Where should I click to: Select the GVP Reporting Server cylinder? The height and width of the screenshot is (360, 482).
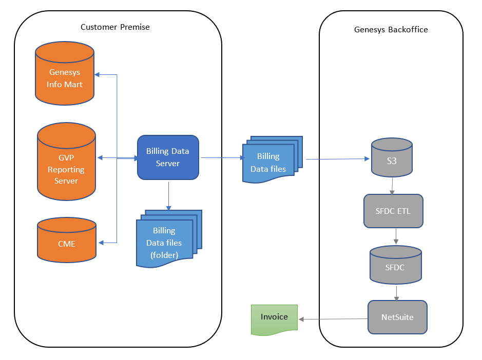66,161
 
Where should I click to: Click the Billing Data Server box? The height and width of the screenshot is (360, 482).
168,157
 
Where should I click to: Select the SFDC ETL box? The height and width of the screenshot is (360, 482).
393,211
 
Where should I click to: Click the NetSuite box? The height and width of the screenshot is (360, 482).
397,317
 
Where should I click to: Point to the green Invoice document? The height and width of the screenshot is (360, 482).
274,319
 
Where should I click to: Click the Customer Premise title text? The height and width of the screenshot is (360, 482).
115,27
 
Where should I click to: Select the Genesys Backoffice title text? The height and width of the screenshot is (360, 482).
391,30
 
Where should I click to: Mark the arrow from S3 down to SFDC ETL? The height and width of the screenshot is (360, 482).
392,185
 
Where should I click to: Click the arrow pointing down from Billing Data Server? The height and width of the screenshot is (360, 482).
168,195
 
